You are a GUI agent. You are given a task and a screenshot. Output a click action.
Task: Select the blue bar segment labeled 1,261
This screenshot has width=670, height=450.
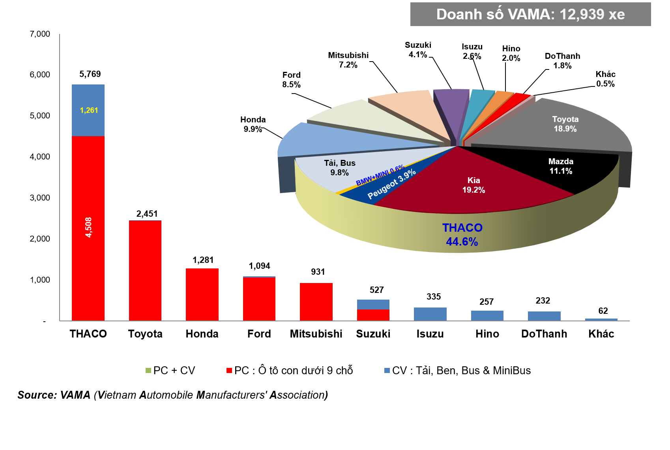click(88, 110)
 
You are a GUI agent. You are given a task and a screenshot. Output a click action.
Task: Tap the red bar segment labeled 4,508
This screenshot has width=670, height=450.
click(88, 228)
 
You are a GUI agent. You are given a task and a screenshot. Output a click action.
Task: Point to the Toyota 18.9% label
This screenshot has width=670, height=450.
click(565, 124)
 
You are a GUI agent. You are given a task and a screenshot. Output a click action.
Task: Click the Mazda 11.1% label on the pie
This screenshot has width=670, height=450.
click(561, 166)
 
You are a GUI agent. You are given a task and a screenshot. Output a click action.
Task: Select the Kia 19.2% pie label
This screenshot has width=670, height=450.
click(473, 185)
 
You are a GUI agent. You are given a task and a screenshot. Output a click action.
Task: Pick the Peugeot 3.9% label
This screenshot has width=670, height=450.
click(391, 184)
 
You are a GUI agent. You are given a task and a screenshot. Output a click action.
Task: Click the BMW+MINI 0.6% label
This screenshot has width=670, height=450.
click(380, 176)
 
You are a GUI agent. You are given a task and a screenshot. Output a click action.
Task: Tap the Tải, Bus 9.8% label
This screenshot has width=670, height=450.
click(340, 168)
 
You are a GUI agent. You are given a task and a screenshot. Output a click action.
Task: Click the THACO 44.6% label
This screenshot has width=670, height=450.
click(462, 234)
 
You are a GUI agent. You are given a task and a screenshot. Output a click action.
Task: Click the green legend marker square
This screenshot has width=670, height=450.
click(148, 370)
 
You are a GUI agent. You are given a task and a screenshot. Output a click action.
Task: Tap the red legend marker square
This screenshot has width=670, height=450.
click(229, 370)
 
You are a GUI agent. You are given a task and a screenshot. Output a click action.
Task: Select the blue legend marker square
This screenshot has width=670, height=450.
click(387, 370)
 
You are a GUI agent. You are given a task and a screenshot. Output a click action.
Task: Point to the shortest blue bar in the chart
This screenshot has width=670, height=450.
click(601, 319)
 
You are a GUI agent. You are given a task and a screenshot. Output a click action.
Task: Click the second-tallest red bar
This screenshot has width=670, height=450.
click(145, 270)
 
